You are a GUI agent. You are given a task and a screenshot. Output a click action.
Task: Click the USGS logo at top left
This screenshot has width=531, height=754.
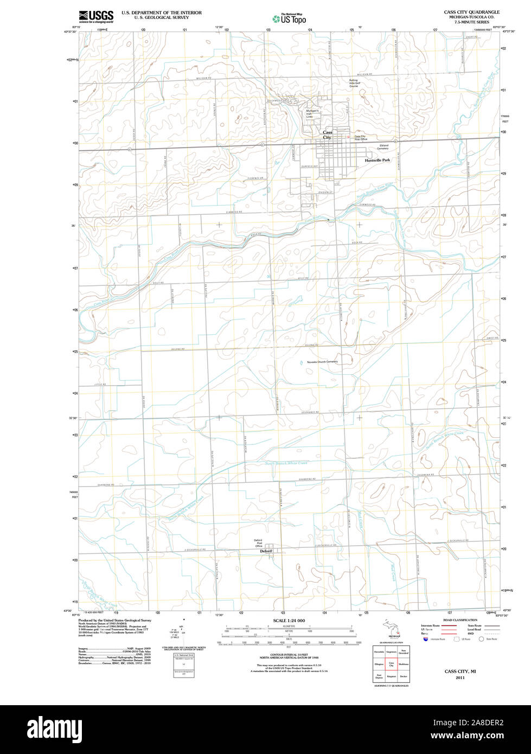click(96, 16)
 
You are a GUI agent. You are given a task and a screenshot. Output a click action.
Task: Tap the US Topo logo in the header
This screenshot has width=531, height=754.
click(290, 19)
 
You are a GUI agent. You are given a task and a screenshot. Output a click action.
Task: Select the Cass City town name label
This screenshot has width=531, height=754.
click(328, 135)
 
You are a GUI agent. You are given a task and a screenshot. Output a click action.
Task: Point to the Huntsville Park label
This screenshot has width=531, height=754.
click(378, 161)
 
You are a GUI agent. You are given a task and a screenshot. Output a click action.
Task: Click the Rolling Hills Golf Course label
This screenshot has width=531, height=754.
click(354, 83)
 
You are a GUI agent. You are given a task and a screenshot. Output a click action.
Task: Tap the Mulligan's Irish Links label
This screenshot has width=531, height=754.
click(310, 114)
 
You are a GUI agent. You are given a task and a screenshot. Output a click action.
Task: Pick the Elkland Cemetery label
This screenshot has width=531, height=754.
click(383, 146)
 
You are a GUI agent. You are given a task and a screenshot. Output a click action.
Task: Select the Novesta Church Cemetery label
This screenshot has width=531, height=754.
click(322, 362)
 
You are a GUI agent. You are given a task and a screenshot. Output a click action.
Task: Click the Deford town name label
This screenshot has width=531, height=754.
click(266, 551)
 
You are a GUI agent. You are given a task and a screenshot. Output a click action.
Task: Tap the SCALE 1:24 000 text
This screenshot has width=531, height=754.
click(289, 621)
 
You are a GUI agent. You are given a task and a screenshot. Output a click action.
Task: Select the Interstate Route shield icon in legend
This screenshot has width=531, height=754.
click(424, 639)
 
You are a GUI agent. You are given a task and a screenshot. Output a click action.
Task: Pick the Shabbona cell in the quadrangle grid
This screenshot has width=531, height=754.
click(403, 664)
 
